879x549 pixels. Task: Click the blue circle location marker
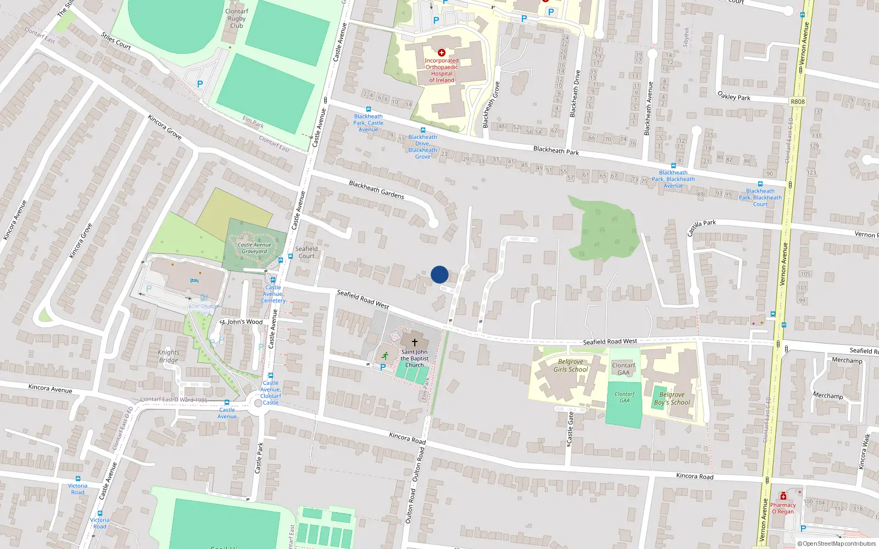tap(439, 274)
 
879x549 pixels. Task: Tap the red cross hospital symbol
tap(441, 53)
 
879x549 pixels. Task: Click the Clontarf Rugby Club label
tap(237, 18)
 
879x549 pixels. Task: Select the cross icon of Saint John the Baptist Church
tap(415, 342)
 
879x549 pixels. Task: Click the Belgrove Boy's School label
tap(672, 399)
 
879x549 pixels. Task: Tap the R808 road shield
tap(798, 102)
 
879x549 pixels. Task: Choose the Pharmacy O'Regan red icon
tap(783, 496)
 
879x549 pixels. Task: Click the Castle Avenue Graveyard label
tap(254, 248)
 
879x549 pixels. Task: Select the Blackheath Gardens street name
tap(376, 189)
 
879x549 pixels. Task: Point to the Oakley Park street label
tap(734, 96)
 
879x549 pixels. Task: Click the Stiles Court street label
tap(116, 41)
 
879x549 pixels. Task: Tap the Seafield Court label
tap(307, 252)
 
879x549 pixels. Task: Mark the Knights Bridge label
tap(169, 356)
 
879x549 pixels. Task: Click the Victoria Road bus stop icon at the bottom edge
tap(99, 513)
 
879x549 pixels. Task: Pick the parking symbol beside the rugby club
tap(200, 84)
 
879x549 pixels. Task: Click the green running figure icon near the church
tap(385, 355)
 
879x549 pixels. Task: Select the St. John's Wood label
tap(241, 322)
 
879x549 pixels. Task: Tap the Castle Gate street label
tap(570, 428)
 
